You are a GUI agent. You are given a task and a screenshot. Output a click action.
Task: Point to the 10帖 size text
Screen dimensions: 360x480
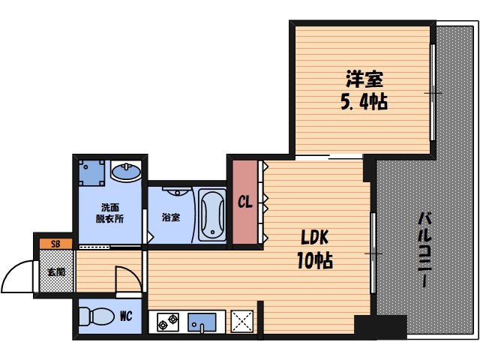316,261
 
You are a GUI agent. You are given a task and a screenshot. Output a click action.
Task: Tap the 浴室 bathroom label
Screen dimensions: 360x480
171,218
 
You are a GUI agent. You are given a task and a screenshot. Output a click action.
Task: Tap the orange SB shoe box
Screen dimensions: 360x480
55,244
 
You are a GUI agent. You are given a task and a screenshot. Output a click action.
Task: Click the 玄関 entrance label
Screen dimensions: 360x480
55,271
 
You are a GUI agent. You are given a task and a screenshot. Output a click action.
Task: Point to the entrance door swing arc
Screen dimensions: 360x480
16,275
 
